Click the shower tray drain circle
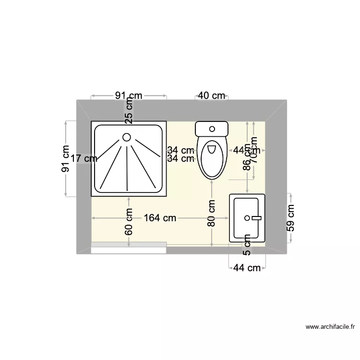127,137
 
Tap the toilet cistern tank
211,129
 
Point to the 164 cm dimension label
160,218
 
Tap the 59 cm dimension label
290,218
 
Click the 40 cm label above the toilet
212,96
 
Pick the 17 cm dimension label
84,158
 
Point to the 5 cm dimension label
247,245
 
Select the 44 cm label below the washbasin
247,268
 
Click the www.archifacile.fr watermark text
331,327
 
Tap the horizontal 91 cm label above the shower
128,96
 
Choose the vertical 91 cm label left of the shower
67,158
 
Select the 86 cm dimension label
247,158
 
